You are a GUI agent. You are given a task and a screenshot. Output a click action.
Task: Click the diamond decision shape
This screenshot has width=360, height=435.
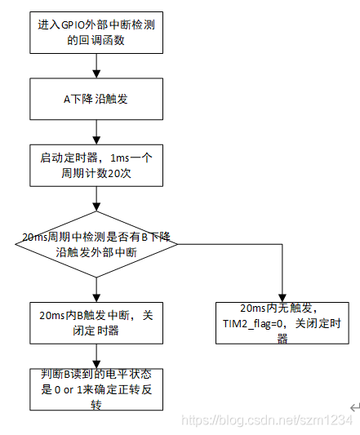point(97,243)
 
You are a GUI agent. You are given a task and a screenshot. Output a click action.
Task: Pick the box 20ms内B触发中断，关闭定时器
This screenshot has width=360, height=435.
point(97,320)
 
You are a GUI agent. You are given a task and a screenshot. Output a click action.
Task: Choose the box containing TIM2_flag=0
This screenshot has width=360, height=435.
point(282,323)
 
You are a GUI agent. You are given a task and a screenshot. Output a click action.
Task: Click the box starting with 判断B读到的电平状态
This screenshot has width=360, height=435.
point(97,388)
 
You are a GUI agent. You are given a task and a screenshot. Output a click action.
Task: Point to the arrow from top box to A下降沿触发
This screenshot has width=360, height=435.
point(97,67)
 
